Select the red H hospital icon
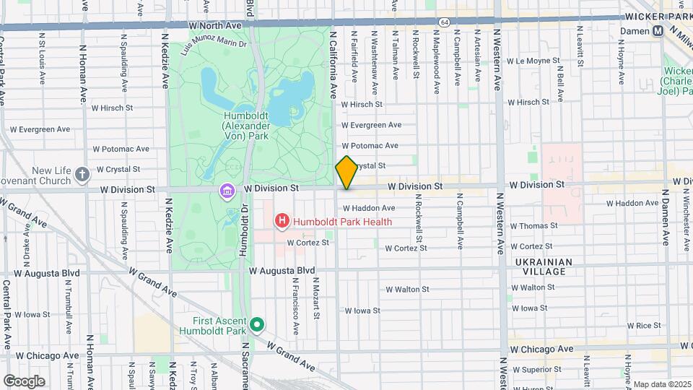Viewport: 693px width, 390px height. [282, 221]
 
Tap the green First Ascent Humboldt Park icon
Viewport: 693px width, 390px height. [257, 326]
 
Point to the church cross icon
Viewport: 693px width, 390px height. [83, 173]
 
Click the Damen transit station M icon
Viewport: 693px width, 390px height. [658, 31]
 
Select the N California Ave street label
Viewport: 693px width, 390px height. [333, 65]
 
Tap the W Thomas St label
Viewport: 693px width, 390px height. [534, 226]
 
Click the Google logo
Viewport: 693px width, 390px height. [25, 381]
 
